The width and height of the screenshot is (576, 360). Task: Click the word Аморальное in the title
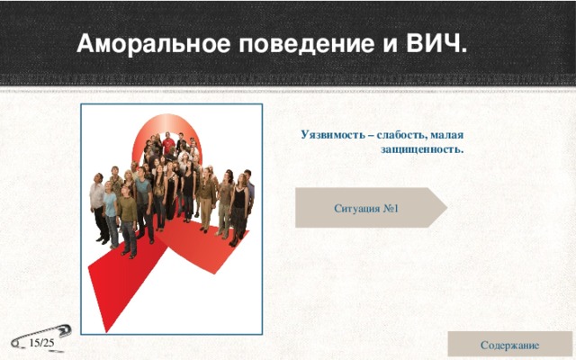point(135,43)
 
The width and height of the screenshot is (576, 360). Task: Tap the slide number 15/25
point(41,344)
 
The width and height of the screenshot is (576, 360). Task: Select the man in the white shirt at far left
point(97,202)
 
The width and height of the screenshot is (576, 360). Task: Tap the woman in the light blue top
point(111,211)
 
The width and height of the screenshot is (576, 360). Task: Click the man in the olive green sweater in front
point(128,216)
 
